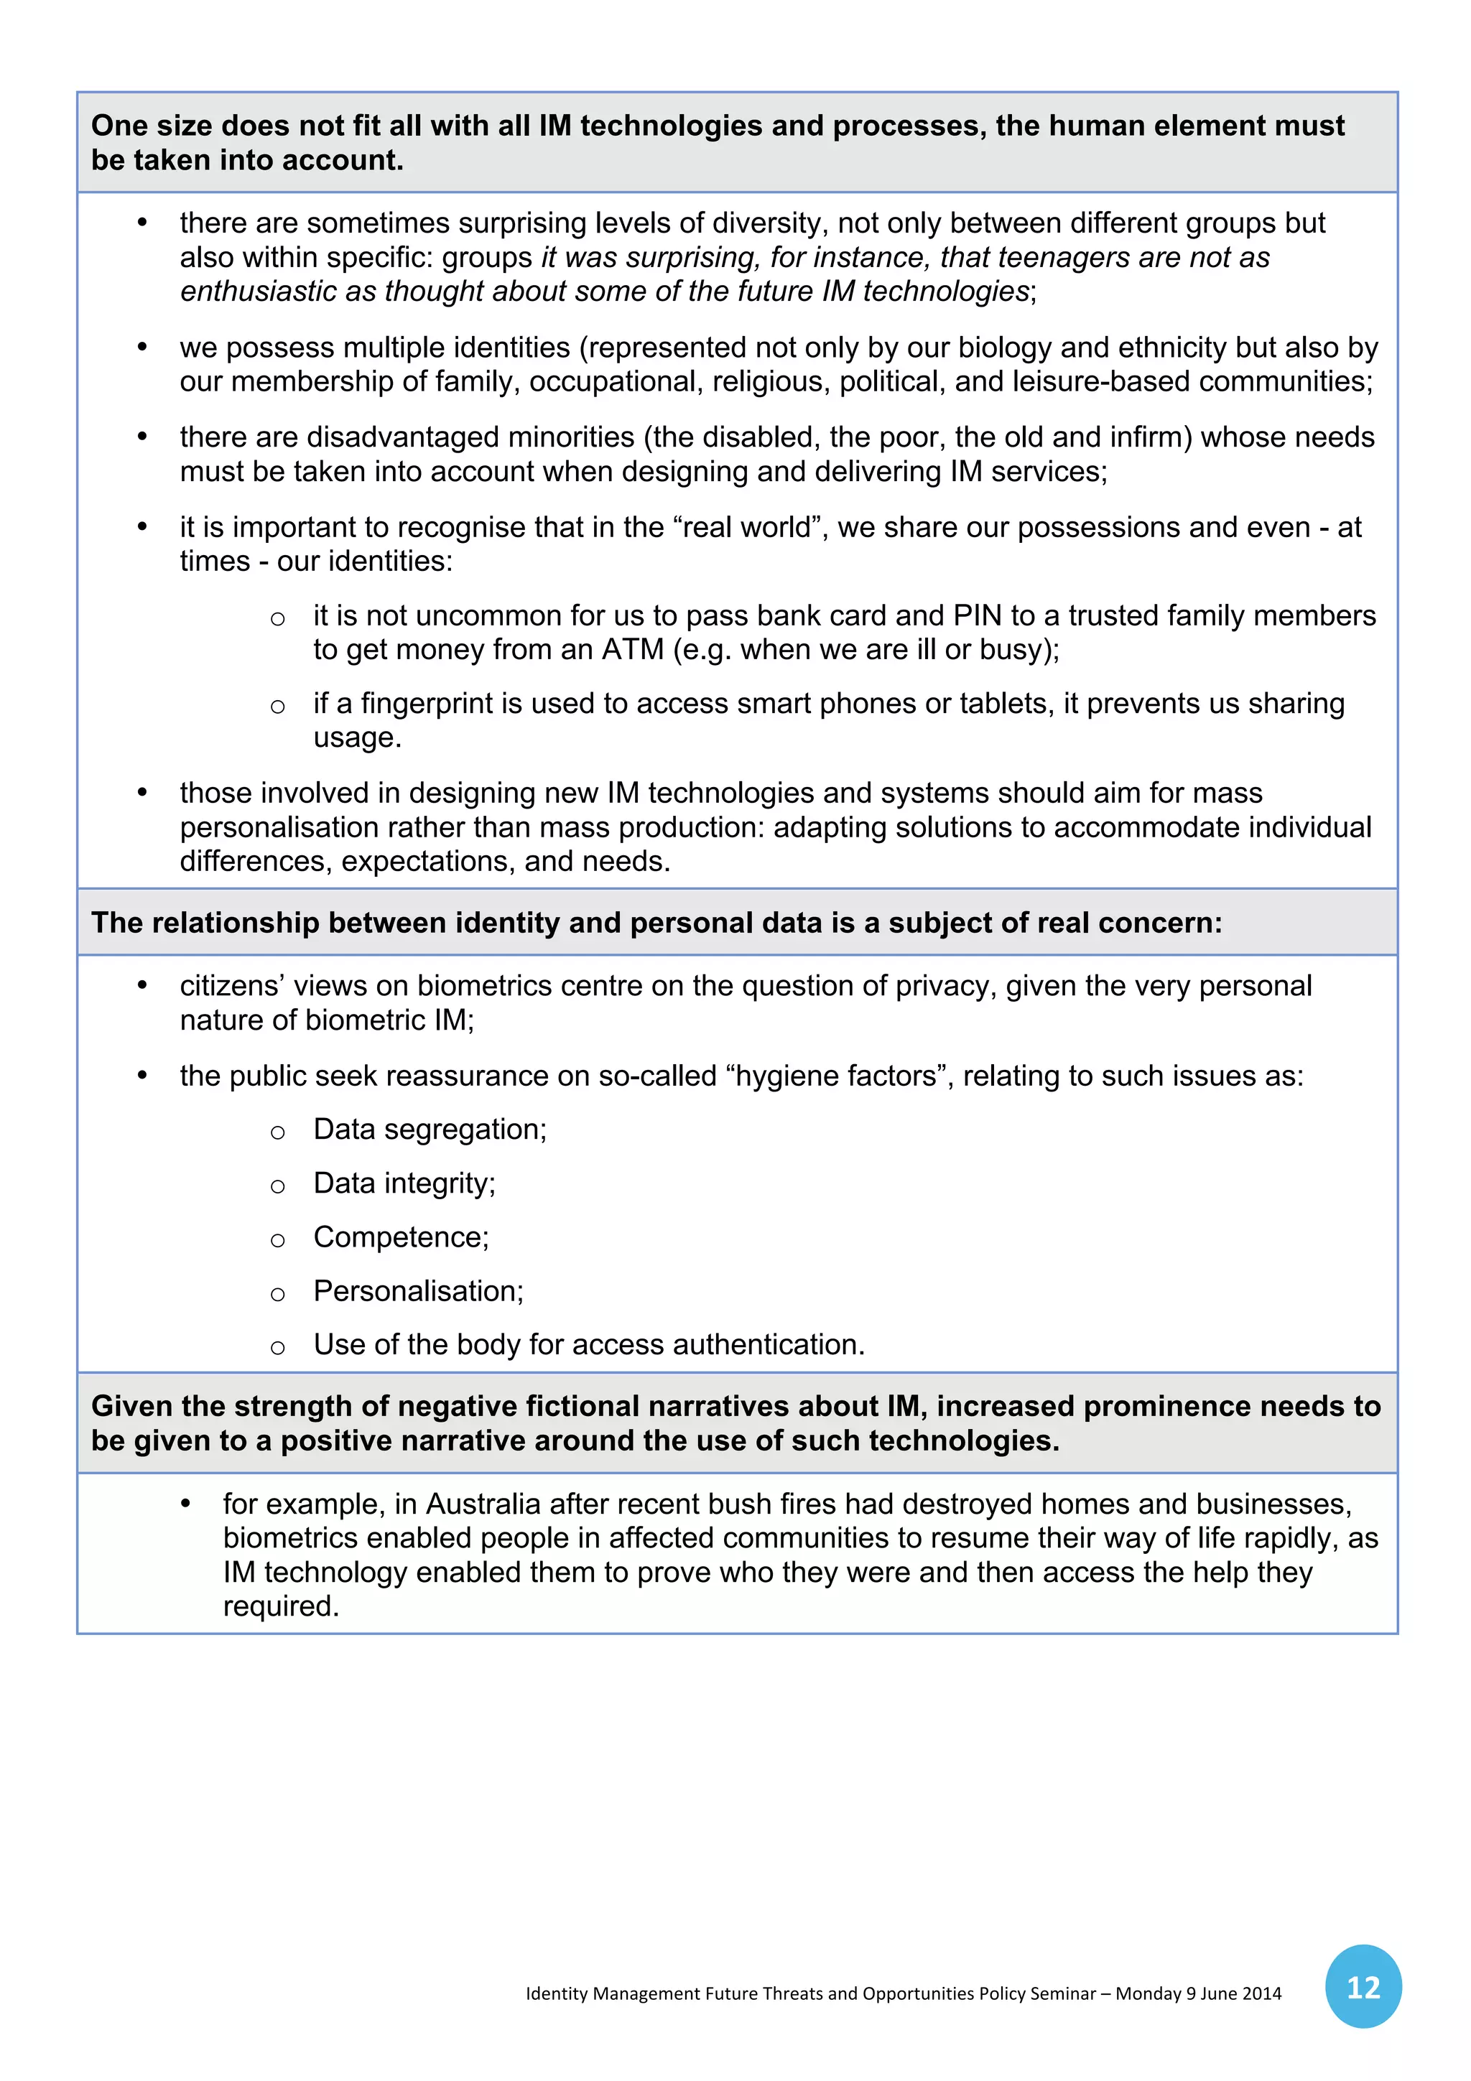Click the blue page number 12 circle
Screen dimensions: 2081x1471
(1363, 1987)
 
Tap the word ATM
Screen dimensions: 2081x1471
(633, 650)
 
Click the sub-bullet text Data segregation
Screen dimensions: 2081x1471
(430, 1130)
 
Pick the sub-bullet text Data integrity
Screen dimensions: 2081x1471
(404, 1183)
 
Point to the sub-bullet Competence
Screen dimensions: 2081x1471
(401, 1237)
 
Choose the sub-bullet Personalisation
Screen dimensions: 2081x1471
(418, 1290)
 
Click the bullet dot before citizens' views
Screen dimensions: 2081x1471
(142, 986)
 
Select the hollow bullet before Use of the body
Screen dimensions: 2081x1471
(277, 1348)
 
